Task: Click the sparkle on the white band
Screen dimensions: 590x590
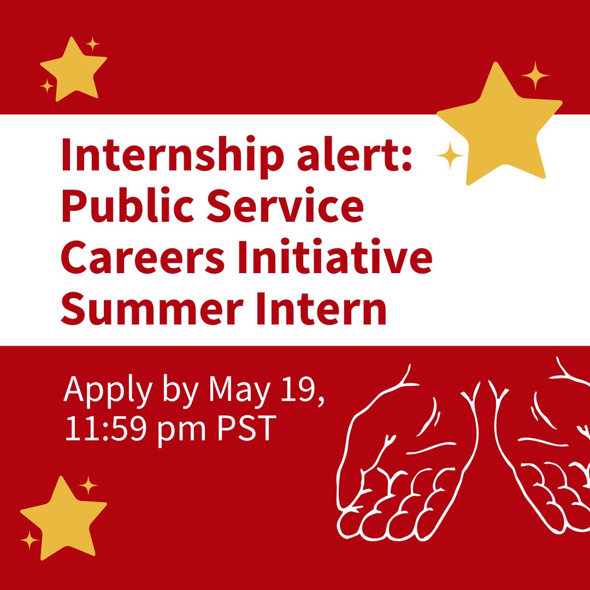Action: (450, 156)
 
